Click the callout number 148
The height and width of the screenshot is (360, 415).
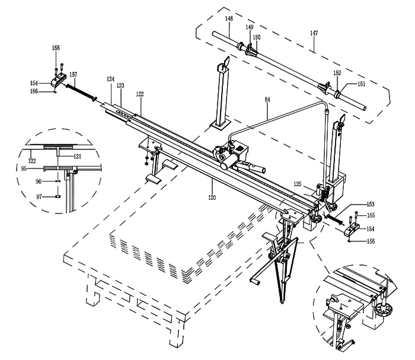[x=229, y=18]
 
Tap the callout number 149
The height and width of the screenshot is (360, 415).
[x=250, y=27]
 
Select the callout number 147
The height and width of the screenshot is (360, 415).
[x=314, y=33]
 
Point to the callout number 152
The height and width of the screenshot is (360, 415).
[x=337, y=73]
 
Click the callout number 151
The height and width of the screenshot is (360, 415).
[x=361, y=84]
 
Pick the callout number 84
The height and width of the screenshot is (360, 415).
[x=267, y=100]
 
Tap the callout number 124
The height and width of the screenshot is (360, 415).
[x=111, y=79]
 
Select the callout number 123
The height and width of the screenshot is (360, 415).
[x=120, y=85]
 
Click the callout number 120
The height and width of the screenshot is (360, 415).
[x=212, y=197]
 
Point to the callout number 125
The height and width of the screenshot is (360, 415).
[x=298, y=184]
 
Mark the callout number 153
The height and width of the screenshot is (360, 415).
[x=371, y=204]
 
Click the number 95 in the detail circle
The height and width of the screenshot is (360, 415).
[x=24, y=168]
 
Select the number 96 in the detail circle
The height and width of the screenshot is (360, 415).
[x=39, y=181]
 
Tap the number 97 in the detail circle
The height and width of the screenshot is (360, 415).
[x=39, y=197]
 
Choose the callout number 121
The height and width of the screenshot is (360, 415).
[x=77, y=157]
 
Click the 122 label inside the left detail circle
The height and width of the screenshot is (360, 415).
[x=32, y=161]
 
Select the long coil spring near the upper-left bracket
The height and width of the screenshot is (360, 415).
[x=80, y=91]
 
